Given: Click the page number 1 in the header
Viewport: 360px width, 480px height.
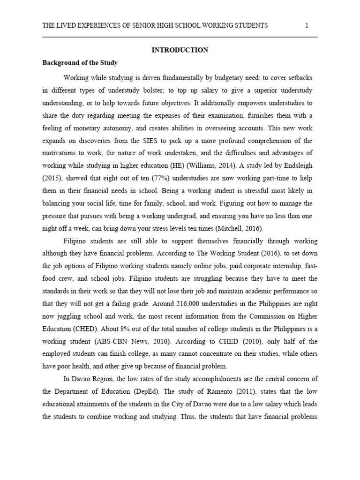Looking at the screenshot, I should [306, 25].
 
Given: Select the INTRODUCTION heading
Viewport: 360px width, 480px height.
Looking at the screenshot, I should [180, 50].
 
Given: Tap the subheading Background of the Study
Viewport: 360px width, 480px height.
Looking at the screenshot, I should [80, 62].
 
